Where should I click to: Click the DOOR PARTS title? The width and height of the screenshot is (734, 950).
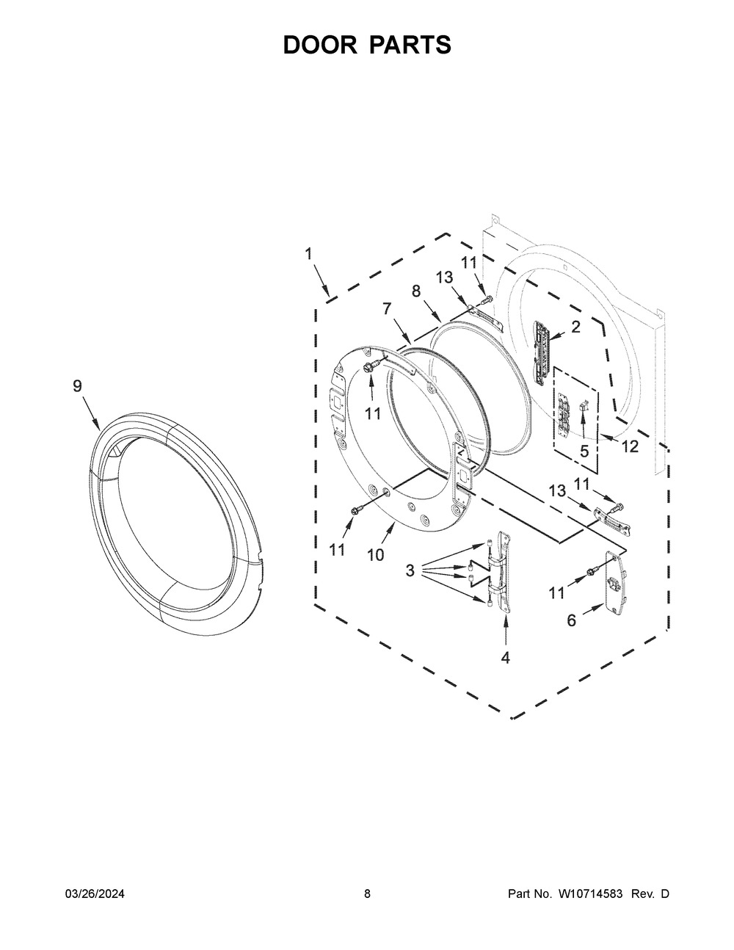(x=367, y=46)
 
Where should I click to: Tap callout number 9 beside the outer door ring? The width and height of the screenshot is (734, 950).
(x=77, y=386)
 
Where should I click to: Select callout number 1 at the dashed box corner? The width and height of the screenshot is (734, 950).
(x=308, y=253)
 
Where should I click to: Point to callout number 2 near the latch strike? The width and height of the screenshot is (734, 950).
(x=575, y=327)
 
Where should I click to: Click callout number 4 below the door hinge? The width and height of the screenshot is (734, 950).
(x=505, y=658)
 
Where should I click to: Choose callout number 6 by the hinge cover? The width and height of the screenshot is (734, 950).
(x=571, y=621)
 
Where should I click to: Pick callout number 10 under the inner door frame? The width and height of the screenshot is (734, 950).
(x=375, y=555)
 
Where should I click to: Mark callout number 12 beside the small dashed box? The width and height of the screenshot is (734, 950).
(x=630, y=446)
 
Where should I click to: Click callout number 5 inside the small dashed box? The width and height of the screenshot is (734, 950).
(x=584, y=452)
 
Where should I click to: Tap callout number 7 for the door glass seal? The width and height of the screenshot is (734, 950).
(x=387, y=309)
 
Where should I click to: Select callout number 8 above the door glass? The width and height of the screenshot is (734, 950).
(x=416, y=291)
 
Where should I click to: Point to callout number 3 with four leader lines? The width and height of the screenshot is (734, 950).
(x=410, y=570)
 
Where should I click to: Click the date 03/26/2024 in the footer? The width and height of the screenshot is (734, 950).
(x=95, y=894)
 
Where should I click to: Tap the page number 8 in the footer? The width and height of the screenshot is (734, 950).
(x=367, y=894)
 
